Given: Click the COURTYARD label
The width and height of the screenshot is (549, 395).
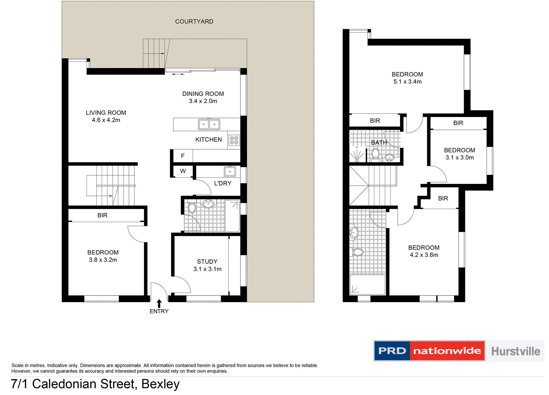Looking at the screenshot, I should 194,21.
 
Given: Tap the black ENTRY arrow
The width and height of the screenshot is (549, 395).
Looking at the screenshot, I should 159,304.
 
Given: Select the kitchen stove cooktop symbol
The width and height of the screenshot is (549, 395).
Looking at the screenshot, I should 234,140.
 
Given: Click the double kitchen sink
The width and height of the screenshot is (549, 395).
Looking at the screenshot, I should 209,124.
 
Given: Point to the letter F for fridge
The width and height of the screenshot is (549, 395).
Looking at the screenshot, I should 183,156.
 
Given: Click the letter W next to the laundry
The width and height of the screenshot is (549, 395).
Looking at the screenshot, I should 183,171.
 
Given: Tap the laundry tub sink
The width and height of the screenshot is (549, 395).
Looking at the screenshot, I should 230,172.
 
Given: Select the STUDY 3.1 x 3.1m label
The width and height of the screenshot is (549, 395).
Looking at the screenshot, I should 207,265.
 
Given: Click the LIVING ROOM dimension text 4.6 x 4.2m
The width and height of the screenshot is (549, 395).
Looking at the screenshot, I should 106,120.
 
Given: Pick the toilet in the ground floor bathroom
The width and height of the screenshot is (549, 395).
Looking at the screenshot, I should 192,208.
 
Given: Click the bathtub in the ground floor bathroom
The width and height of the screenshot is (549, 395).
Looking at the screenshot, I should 232,216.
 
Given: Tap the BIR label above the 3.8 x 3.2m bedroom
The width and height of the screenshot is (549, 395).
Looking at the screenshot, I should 102,215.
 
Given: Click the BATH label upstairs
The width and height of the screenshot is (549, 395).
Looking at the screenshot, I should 379,142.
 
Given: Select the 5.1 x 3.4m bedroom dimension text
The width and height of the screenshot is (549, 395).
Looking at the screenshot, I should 407,82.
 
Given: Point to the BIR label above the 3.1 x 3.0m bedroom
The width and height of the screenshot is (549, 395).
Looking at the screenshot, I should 458,123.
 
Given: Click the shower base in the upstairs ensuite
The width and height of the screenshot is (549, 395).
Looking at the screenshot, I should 367,285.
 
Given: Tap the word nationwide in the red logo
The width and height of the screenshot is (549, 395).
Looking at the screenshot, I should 447,351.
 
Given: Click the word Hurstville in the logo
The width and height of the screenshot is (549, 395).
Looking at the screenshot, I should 516,351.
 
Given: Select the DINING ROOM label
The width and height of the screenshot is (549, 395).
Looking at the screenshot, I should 203,94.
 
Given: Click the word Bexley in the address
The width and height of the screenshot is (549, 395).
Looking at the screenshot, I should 160,384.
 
